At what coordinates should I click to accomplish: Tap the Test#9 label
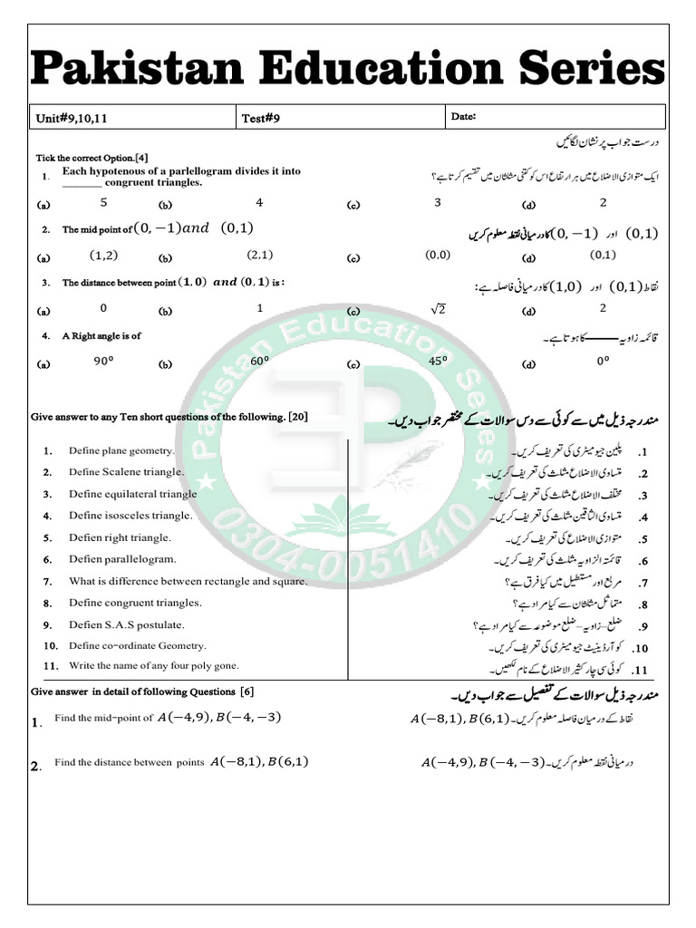pos(260,118)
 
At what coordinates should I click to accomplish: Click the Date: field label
pos(463,116)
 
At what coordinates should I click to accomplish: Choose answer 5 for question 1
pos(103,203)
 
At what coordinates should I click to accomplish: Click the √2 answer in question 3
pos(439,310)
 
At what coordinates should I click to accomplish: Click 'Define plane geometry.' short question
pos(121,450)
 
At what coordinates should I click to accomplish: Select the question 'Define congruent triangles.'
pos(135,603)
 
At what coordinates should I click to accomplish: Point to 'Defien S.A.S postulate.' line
pos(127,624)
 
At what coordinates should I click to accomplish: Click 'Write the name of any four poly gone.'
pos(154,665)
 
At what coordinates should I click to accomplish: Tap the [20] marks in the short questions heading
pos(298,417)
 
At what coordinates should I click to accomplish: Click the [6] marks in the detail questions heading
pos(246,691)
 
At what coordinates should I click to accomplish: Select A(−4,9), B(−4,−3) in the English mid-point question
pos(220,718)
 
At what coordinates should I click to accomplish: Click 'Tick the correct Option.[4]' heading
pos(92,157)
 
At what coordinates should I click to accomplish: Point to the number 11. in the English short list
pos(51,666)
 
